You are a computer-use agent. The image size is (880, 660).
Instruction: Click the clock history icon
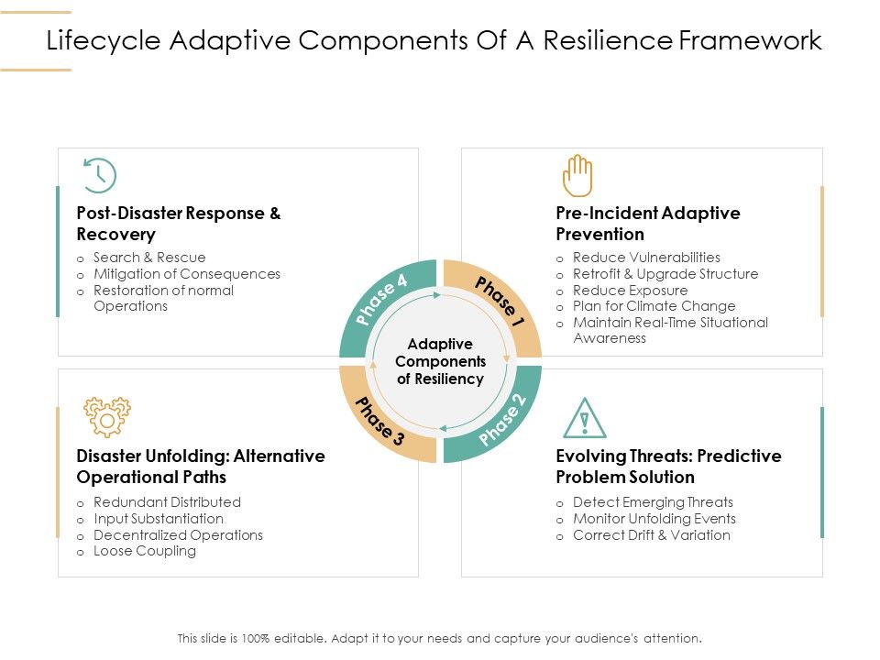pyautogui.click(x=99, y=175)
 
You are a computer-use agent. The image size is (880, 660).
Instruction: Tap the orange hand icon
pyautogui.click(x=577, y=175)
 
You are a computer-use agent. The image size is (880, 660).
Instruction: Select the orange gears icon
pyautogui.click(x=107, y=417)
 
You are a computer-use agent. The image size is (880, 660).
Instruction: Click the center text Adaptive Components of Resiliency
pyautogui.click(x=440, y=361)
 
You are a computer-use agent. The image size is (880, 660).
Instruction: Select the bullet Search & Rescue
pyautogui.click(x=149, y=258)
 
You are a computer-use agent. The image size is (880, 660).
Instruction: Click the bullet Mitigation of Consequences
pyautogui.click(x=187, y=274)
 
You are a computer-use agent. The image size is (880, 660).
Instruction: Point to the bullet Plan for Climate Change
pyautogui.click(x=654, y=306)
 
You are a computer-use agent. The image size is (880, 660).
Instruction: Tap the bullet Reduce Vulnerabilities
pyautogui.click(x=646, y=258)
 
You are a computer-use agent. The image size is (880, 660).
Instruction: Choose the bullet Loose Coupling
pyautogui.click(x=145, y=551)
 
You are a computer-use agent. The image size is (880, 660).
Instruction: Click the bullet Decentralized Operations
pyautogui.click(x=178, y=535)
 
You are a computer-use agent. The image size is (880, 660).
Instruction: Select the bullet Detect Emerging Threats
pyautogui.click(x=653, y=502)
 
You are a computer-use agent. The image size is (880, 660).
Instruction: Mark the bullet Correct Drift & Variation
pyautogui.click(x=651, y=535)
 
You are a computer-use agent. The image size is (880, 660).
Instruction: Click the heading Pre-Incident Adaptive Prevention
pyautogui.click(x=647, y=224)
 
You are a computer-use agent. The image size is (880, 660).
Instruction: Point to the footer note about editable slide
pyautogui.click(x=440, y=638)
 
